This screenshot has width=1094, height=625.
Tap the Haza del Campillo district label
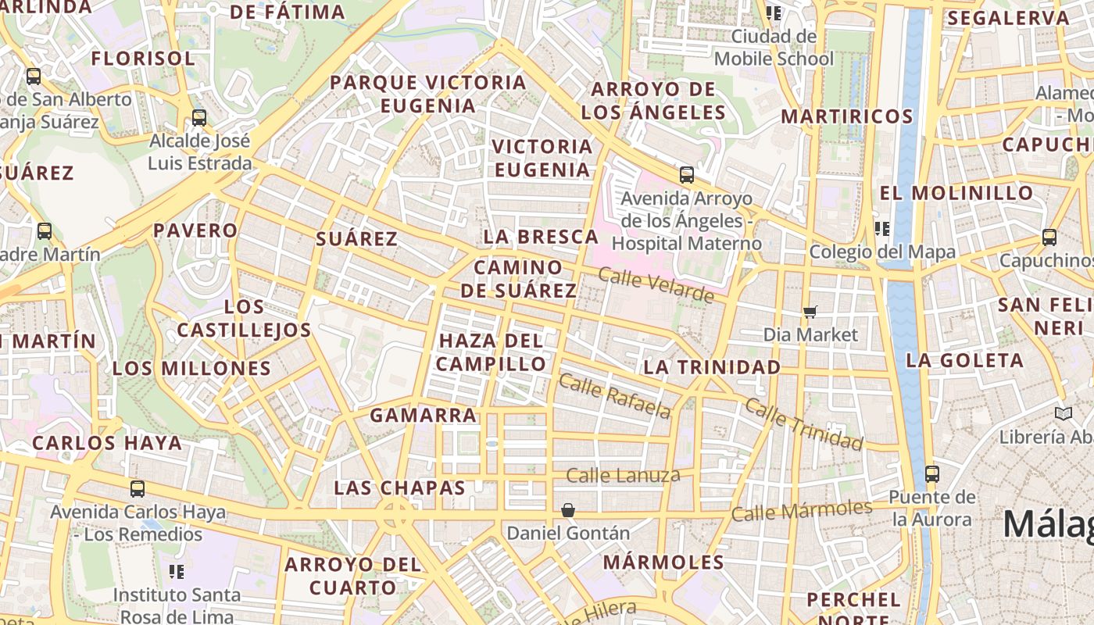(492, 352)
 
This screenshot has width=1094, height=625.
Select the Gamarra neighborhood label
(423, 415)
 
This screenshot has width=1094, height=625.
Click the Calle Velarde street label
(656, 284)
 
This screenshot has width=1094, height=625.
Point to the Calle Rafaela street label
(615, 396)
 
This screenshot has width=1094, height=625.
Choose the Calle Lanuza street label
(623, 475)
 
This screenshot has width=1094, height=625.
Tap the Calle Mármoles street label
(801, 510)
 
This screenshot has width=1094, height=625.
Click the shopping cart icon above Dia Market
(810, 312)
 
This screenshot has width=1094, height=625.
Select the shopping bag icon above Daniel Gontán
(568, 510)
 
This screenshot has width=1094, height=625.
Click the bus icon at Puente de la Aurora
(931, 473)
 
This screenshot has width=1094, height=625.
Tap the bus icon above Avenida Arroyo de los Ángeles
(686, 174)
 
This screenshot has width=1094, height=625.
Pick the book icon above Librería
(1062, 413)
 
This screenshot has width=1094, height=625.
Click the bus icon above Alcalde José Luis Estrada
(199, 118)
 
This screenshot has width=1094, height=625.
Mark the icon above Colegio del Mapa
(882, 228)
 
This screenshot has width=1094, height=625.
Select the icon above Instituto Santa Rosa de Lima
(177, 572)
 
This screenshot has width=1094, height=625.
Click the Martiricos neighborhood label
(847, 116)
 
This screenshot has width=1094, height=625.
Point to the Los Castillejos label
(244, 318)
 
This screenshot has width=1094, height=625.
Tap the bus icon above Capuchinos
(1049, 237)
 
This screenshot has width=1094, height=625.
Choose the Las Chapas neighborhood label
(399, 487)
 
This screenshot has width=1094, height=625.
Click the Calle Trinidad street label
(803, 424)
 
